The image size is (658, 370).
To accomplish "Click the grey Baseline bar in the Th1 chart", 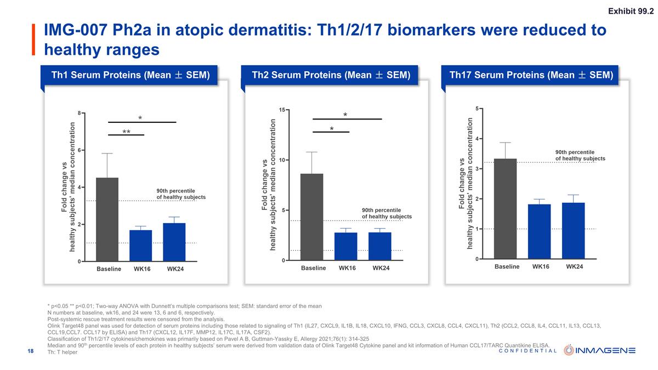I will [107, 219].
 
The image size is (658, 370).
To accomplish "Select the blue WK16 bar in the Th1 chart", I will [140, 246].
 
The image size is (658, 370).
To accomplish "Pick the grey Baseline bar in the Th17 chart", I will [505, 208].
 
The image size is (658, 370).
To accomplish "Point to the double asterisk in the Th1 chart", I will [126, 133].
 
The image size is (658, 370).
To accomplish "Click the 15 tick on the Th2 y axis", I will [281, 110].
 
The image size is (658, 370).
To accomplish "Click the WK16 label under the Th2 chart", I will [347, 268].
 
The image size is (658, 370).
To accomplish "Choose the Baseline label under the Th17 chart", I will [507, 266].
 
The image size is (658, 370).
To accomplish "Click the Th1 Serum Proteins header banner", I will [131, 75].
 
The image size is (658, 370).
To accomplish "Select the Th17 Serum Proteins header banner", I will [531, 75].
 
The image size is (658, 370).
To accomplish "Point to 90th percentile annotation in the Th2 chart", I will [387, 213].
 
